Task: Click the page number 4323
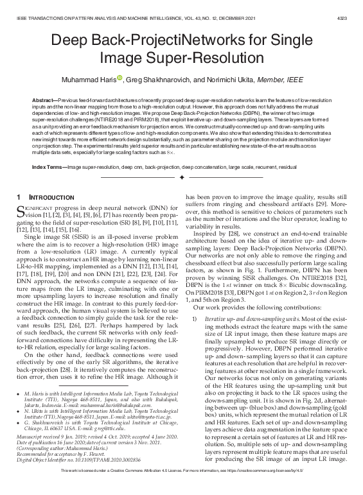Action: click(x=351, y=10)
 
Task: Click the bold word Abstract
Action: click(x=47, y=101)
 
